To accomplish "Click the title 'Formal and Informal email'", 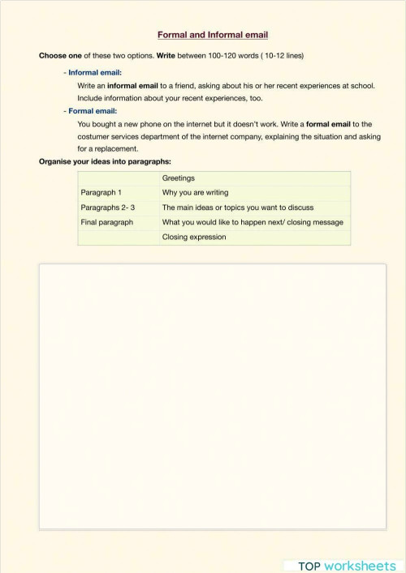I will point(212,35).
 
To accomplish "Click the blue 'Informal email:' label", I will point(94,73).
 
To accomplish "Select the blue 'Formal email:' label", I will point(93,111).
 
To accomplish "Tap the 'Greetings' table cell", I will point(178,178).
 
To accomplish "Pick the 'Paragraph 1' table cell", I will point(101,193).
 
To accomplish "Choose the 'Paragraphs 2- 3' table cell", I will point(107,207).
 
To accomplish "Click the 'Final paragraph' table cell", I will point(106,222).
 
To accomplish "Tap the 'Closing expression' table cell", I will point(193,237).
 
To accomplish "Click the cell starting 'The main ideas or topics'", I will point(237,207).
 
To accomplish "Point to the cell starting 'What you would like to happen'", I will point(253,222).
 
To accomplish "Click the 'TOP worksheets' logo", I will point(342,565).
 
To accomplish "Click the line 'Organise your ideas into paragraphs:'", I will point(105,161).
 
